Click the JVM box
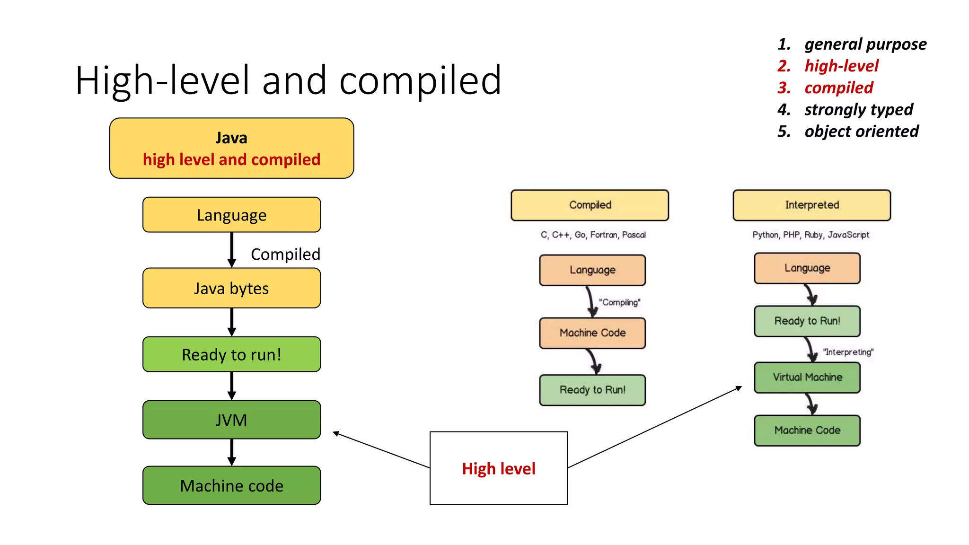(x=231, y=420)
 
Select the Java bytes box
(x=231, y=288)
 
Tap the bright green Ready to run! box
(x=231, y=354)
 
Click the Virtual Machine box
(x=807, y=377)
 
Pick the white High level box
(x=498, y=468)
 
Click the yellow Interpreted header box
(x=811, y=205)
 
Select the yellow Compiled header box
(x=590, y=205)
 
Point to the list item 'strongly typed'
(x=858, y=109)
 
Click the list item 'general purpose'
(x=865, y=44)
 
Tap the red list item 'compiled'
(x=838, y=88)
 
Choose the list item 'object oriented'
(x=861, y=131)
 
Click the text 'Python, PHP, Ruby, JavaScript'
(x=810, y=235)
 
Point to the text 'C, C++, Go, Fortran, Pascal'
(x=593, y=235)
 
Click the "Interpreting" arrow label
(x=848, y=352)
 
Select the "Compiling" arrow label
(x=619, y=302)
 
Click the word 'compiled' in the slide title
(x=420, y=80)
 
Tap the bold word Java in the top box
(x=231, y=138)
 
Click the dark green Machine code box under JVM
(x=231, y=485)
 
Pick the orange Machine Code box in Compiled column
(x=592, y=333)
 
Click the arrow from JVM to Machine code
(x=231, y=452)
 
